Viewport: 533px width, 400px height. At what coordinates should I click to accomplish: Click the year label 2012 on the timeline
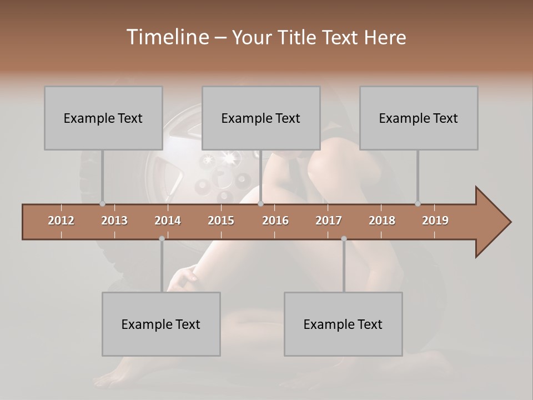(x=61, y=221)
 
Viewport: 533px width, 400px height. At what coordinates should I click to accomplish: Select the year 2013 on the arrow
(x=114, y=221)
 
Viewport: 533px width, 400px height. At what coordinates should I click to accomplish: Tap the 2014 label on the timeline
(x=168, y=221)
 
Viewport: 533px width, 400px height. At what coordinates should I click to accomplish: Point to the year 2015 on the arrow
(x=221, y=221)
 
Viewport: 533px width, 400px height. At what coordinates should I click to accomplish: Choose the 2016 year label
(x=275, y=221)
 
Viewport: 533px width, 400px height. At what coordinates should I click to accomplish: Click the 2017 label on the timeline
(x=329, y=221)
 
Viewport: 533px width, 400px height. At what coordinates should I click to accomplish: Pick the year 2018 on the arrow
(x=382, y=221)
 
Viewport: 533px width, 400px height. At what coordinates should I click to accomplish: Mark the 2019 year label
(x=435, y=221)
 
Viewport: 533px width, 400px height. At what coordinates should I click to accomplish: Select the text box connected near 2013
(x=103, y=118)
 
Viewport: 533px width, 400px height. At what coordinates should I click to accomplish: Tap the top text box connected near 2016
(x=261, y=118)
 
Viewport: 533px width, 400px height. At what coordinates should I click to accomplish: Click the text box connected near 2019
(x=419, y=118)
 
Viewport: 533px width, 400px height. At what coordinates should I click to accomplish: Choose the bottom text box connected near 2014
(x=161, y=324)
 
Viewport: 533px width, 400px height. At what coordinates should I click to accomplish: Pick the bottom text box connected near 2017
(x=343, y=324)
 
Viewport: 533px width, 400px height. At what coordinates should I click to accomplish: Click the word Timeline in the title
(x=167, y=37)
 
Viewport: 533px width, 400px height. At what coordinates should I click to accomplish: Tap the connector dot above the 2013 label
(x=102, y=203)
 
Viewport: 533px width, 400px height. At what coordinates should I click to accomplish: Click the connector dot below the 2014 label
(x=162, y=238)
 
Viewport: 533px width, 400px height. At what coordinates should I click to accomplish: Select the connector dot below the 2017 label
(x=344, y=238)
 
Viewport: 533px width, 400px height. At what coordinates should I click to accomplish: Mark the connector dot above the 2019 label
(x=418, y=203)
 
